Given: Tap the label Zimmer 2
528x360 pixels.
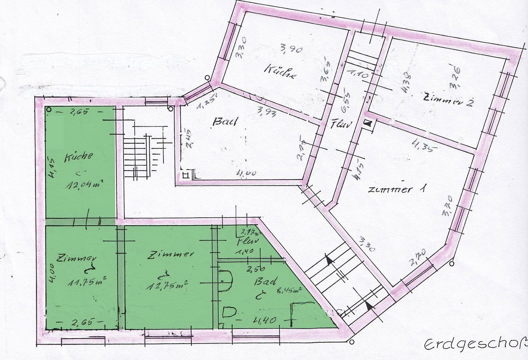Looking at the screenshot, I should click(x=448, y=99).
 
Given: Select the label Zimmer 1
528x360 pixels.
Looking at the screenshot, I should click(x=396, y=189).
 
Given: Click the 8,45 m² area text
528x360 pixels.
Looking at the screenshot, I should click(x=289, y=291).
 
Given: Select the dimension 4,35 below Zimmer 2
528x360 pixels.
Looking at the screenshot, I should click(x=423, y=146).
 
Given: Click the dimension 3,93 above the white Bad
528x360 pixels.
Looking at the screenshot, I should click(x=266, y=113).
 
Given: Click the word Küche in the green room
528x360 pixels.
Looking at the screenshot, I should click(x=79, y=156).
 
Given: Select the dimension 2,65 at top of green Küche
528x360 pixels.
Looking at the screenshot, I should click(x=79, y=112).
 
